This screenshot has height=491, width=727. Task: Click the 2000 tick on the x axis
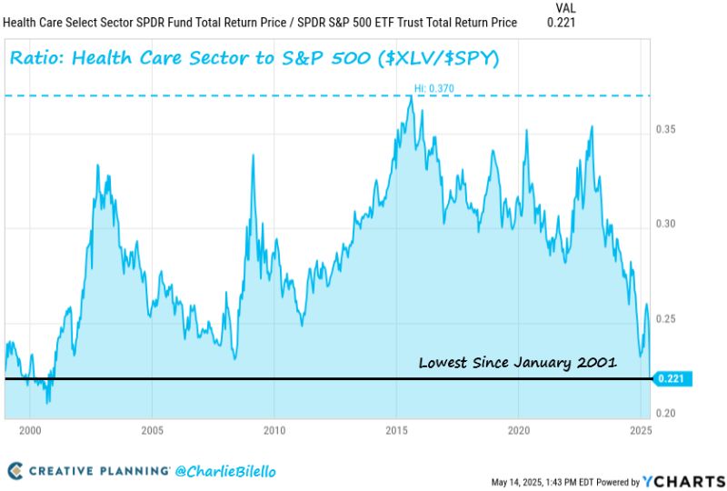30,429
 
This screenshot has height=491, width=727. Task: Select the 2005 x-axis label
152,429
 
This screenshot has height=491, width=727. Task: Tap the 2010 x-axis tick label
274,429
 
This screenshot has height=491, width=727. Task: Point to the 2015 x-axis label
396,429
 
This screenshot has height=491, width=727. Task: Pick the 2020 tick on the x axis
518,429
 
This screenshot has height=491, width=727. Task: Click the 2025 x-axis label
640,429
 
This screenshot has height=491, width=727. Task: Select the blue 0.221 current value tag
673,378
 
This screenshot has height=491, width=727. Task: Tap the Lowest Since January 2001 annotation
517,362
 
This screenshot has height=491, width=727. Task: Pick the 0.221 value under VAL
561,23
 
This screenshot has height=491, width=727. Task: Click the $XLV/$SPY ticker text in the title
433,60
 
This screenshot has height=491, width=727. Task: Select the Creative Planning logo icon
15,470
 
